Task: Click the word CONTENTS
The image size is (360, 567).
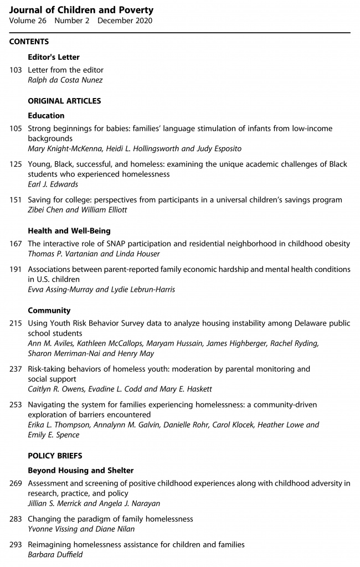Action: coord(29,42)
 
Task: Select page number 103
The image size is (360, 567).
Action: coord(16,70)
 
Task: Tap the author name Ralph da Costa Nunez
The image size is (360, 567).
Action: coord(65,80)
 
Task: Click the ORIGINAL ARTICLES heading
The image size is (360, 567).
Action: coord(64,101)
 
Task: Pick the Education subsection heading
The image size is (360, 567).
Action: coord(46,116)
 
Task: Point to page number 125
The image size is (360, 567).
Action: coord(16,164)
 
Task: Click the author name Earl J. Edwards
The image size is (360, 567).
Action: coord(53,183)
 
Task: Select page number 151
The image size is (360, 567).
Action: coord(16,200)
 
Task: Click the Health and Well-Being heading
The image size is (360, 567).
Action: coord(69,231)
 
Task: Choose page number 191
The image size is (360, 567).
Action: coord(16,269)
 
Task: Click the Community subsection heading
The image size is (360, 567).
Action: coord(49,311)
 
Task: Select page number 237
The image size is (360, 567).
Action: coord(16,368)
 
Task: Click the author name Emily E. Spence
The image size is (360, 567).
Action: coord(53,435)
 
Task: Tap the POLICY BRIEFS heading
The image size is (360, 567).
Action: coord(55,456)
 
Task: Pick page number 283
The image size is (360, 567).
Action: coord(16,519)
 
